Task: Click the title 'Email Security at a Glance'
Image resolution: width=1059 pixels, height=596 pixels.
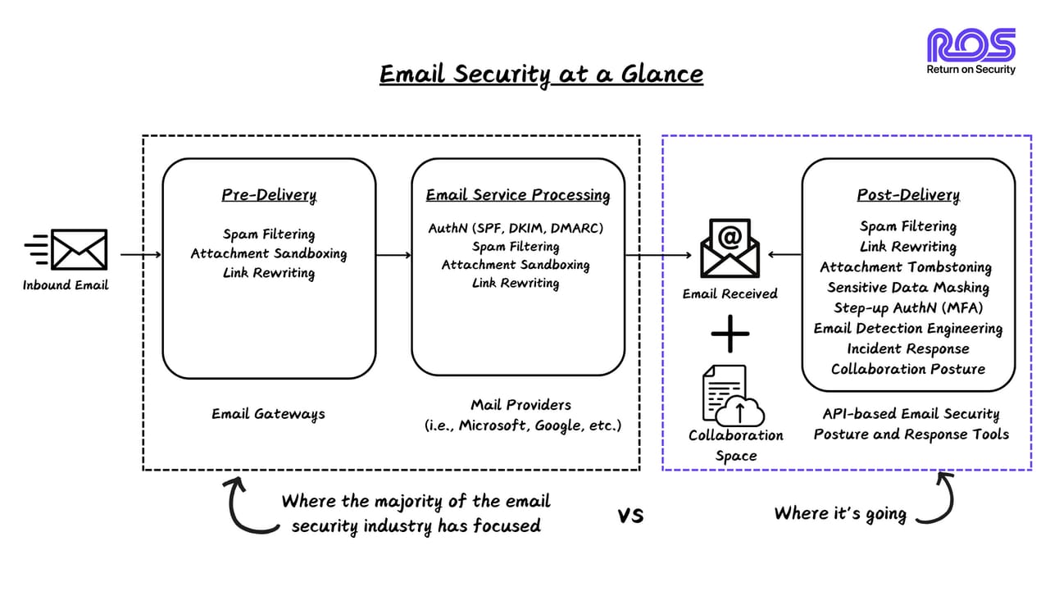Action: click(541, 75)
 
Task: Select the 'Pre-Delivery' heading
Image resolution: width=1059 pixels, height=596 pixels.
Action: click(269, 195)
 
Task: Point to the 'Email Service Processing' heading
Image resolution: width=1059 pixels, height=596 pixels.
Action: click(517, 195)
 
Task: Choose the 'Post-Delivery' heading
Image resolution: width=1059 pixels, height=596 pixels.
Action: click(907, 195)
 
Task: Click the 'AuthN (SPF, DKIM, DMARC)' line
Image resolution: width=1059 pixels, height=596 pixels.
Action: click(516, 229)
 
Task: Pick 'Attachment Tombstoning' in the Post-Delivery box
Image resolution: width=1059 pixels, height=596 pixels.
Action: click(906, 267)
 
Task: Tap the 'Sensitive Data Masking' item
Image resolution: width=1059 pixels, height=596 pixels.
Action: click(907, 288)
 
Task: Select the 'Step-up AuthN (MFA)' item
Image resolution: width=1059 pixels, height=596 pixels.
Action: click(907, 308)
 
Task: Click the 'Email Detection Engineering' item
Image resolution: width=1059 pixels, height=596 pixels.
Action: click(907, 329)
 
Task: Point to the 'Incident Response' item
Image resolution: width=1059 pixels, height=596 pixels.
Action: click(907, 349)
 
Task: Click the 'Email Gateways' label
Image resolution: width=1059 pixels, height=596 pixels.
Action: click(268, 414)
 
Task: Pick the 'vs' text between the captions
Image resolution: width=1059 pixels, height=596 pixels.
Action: click(630, 516)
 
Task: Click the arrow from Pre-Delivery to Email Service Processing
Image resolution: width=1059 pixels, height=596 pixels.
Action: click(393, 255)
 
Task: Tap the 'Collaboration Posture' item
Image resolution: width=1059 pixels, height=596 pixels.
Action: click(907, 369)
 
